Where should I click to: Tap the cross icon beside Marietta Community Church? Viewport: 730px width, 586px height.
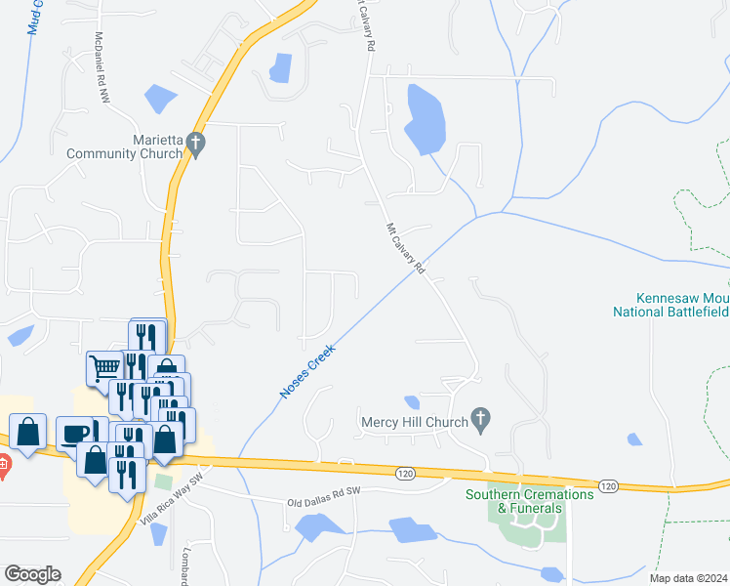[195, 146]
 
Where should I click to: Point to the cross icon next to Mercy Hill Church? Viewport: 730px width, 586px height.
[479, 420]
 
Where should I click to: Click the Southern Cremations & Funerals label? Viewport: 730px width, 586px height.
[530, 501]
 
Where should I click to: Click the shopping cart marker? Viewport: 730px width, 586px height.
[104, 368]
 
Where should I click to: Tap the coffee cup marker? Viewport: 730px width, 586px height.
[73, 434]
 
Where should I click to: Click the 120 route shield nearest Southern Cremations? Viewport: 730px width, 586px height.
[609, 485]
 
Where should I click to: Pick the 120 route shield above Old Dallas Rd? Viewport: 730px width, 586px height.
[405, 473]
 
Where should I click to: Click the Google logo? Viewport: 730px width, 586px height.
[32, 574]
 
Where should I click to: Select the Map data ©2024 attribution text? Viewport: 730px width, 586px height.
[690, 578]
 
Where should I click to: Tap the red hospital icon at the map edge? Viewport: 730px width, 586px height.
[3, 467]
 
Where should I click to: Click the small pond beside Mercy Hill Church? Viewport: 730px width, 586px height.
[412, 401]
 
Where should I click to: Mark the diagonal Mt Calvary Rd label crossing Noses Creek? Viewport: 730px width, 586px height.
[406, 248]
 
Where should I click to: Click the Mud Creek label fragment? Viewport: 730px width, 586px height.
[37, 18]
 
